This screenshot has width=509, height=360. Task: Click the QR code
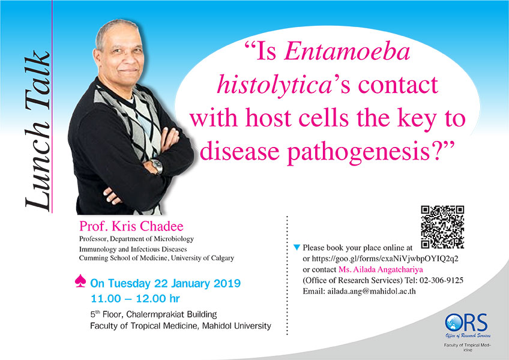click(x=442, y=227)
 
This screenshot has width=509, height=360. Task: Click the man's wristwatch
click(x=157, y=166)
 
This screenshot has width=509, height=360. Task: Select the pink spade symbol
click(x=80, y=281)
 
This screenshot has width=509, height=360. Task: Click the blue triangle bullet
click(x=297, y=247)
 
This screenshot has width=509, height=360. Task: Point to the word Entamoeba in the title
click(x=348, y=52)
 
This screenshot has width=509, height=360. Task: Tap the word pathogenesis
click(x=359, y=152)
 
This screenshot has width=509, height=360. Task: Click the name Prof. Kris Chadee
click(x=131, y=226)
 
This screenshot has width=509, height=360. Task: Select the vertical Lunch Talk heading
click(x=37, y=130)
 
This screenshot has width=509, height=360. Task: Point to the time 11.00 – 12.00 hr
click(x=135, y=299)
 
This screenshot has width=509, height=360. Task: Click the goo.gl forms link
click(x=385, y=259)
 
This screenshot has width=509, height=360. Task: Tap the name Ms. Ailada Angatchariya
click(x=381, y=269)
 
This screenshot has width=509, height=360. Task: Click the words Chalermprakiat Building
click(x=172, y=314)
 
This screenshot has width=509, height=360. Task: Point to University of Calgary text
click(x=202, y=258)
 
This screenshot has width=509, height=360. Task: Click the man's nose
click(x=126, y=59)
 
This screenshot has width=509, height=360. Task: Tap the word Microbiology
click(x=173, y=239)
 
